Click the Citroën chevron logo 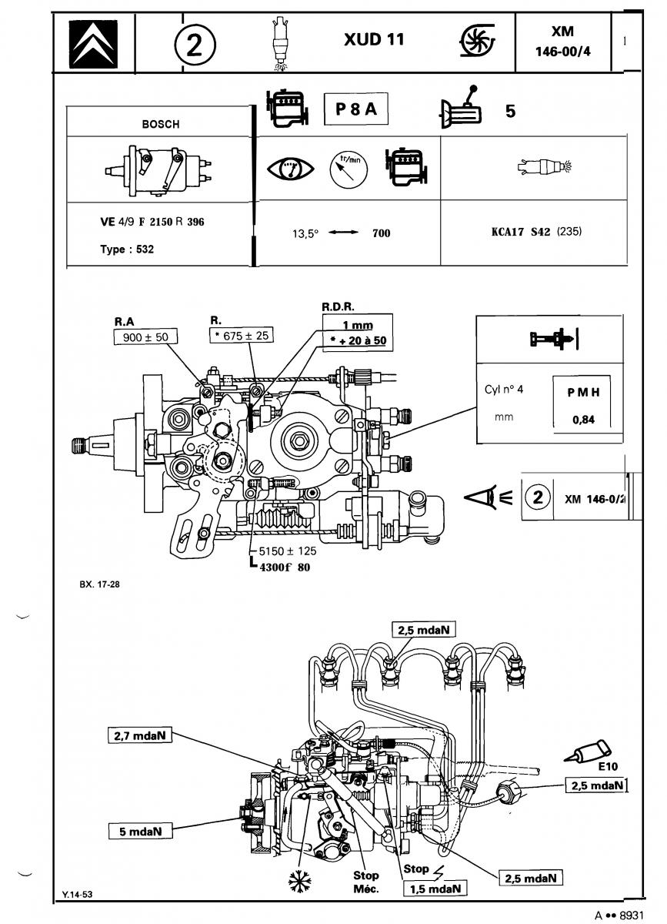coord(93,44)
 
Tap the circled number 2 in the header coord(195,45)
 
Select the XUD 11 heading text coord(374,39)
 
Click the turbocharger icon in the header coord(478,40)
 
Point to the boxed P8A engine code coord(356,109)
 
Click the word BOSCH coord(161,124)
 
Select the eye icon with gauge coord(291,169)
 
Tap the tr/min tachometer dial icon coord(349,169)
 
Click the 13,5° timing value coord(305,234)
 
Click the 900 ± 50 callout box coord(145,337)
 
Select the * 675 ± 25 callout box coord(242,336)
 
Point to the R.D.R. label coord(338,307)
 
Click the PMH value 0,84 coord(583,420)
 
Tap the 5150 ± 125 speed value coord(288,551)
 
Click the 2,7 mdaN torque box coord(140,735)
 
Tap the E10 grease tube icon coord(589,751)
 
